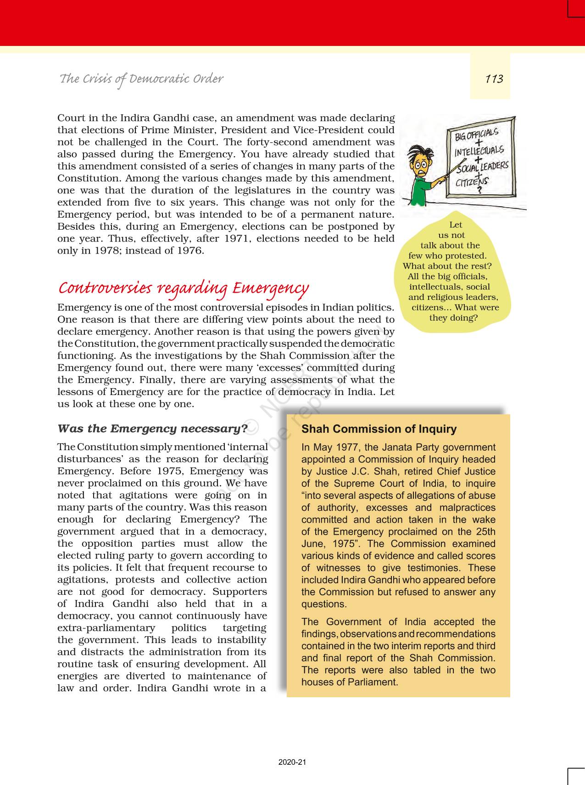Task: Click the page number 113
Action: click(x=494, y=79)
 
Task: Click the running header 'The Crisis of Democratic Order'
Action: click(x=141, y=79)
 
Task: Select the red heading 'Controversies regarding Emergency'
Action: click(x=183, y=288)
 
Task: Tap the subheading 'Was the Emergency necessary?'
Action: click(x=152, y=429)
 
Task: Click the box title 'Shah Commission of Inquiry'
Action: click(x=379, y=429)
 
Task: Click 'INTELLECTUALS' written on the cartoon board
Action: click(x=479, y=151)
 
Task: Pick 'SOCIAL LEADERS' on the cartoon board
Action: click(x=482, y=167)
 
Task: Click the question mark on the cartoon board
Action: click(x=480, y=191)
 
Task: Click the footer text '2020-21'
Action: click(x=292, y=762)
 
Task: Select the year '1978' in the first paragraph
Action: click(x=111, y=250)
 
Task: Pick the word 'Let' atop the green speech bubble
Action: click(x=456, y=225)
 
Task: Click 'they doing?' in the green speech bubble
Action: click(x=453, y=318)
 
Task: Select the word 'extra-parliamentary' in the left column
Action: click(x=106, y=628)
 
